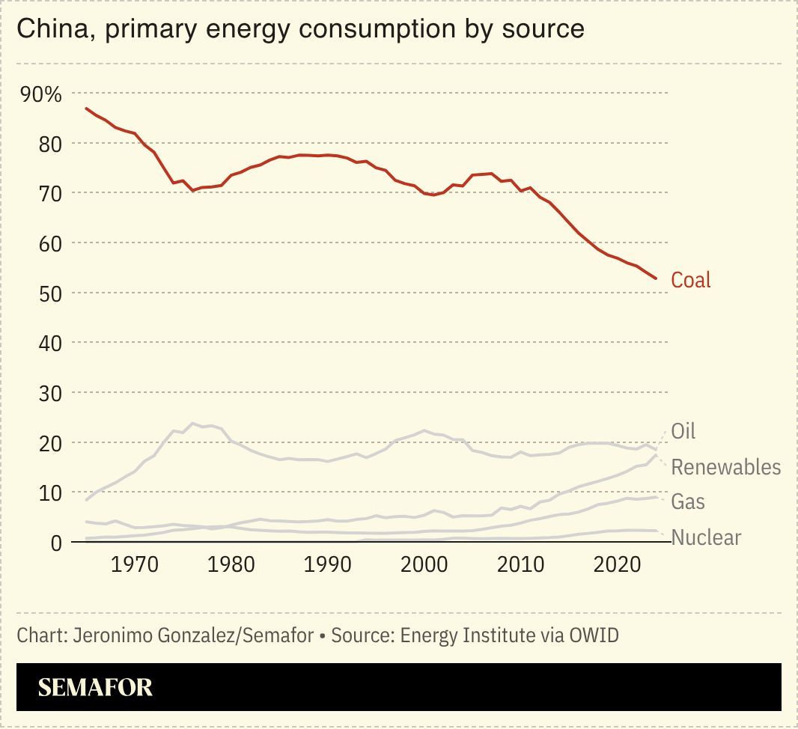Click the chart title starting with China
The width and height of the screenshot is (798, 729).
[300, 29]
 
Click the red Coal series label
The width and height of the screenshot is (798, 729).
[690, 280]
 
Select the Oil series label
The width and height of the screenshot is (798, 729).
[683, 431]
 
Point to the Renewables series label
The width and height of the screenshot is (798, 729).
[725, 467]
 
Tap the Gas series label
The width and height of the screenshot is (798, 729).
[687, 501]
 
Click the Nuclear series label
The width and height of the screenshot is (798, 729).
[706, 537]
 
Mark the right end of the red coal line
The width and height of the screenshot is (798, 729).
[656, 278]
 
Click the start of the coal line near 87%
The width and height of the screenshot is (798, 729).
[87, 109]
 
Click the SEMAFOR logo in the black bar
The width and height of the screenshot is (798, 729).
[95, 687]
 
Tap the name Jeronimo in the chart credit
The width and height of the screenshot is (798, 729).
[106, 635]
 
